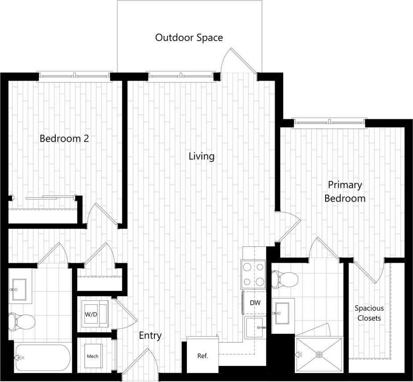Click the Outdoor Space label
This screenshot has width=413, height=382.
189,37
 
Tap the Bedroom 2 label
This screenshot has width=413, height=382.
64,138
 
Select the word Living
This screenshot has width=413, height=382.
202,156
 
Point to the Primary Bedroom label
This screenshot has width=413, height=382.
345,191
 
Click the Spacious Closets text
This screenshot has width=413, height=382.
369,313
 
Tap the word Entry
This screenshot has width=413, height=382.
150,336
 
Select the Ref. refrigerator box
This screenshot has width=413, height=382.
202,355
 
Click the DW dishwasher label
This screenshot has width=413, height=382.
255,303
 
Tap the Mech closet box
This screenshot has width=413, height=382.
92,356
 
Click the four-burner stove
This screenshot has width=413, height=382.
254,274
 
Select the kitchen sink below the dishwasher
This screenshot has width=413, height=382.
256,328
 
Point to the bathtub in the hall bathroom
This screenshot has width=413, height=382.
43,357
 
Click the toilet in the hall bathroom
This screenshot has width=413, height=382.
21,321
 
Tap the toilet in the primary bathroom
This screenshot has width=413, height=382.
286,280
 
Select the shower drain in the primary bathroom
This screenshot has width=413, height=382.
319,355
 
